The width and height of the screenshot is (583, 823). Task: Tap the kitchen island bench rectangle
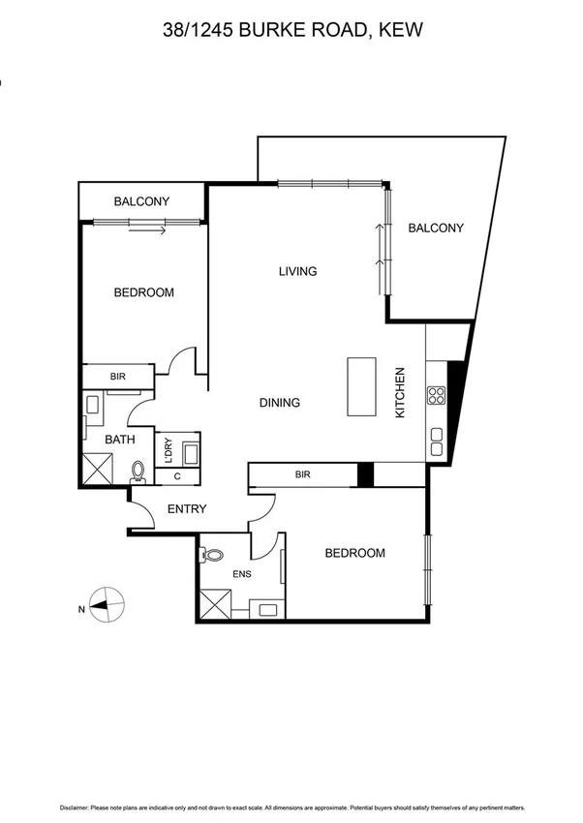[361, 386]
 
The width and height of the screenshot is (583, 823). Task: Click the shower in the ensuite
[215, 604]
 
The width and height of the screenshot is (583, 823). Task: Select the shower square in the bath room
[95, 471]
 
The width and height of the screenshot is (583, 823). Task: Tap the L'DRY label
[167, 450]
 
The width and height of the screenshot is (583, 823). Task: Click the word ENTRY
[187, 509]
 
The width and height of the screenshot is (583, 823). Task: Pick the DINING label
[280, 403]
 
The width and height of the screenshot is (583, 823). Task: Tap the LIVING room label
[297, 271]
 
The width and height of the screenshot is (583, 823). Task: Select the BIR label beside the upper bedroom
[117, 377]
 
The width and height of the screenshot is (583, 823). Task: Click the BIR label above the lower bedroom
[302, 475]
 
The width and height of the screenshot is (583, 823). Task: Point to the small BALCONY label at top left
[141, 201]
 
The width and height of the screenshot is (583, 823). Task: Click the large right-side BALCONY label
[435, 229]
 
